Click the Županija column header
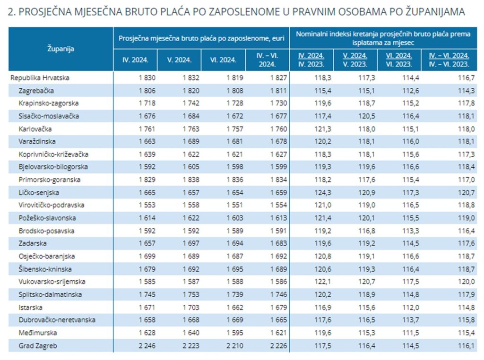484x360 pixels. click(x=61, y=49)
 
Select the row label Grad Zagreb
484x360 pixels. click(x=38, y=346)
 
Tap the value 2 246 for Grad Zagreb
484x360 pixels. click(x=147, y=346)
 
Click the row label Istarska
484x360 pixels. click(x=30, y=307)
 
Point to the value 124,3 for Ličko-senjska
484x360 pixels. click(x=323, y=192)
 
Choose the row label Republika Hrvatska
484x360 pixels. click(x=40, y=78)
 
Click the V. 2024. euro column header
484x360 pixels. click(x=179, y=60)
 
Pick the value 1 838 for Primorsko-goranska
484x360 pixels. click(x=191, y=180)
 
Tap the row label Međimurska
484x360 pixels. click(x=38, y=333)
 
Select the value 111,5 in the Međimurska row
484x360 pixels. click(x=411, y=333)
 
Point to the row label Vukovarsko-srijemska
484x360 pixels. click(x=52, y=282)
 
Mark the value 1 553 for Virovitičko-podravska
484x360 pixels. click(x=147, y=205)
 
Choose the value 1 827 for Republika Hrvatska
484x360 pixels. click(x=278, y=78)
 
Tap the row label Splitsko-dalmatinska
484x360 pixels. click(x=50, y=295)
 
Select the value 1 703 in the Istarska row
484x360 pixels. click(x=191, y=307)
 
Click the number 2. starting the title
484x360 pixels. click(x=12, y=12)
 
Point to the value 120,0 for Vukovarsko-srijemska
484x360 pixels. click(x=467, y=282)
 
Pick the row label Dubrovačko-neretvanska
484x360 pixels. click(x=57, y=320)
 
